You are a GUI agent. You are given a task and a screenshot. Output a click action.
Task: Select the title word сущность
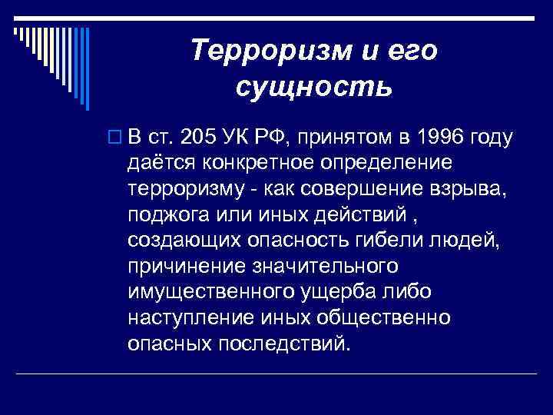(x=314, y=87)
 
